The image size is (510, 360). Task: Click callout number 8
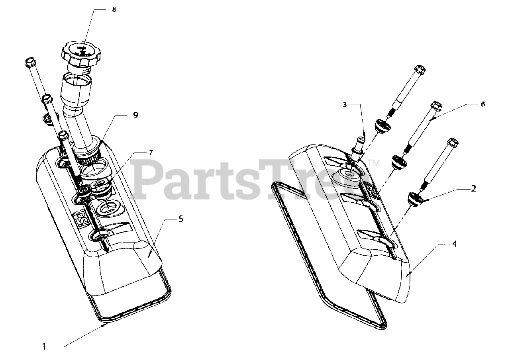tap(114, 10)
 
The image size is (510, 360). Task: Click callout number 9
tap(135, 115)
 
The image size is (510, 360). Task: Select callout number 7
tap(151, 153)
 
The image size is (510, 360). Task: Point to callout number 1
tap(45, 346)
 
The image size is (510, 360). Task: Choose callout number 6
tap(483, 104)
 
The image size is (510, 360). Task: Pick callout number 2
tap(473, 189)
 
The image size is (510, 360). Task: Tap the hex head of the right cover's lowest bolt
tap(453, 142)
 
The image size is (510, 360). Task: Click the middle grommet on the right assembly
tap(398, 162)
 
